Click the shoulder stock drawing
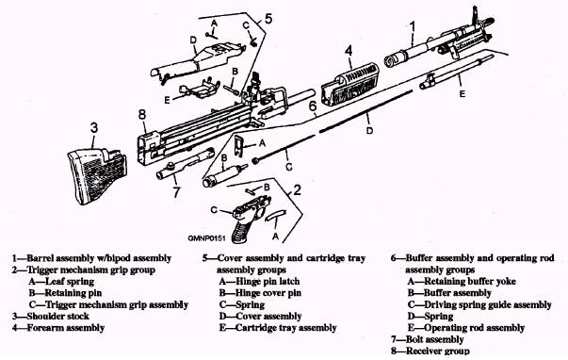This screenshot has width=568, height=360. pyautogui.click(x=97, y=177)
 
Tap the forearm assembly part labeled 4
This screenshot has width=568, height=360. pyautogui.click(x=349, y=85)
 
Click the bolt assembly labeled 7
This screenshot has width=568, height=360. pyautogui.click(x=185, y=164)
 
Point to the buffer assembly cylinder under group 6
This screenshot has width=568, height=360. pyautogui.click(x=223, y=175)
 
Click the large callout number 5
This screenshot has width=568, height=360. pyautogui.click(x=268, y=19)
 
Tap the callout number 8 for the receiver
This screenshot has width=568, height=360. pyautogui.click(x=142, y=115)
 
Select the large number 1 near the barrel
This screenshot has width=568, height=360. pyautogui.click(x=413, y=27)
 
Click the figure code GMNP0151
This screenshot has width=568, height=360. pyautogui.click(x=206, y=238)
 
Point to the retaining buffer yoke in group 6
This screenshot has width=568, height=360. pyautogui.click(x=238, y=144)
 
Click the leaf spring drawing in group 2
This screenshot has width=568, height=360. pyautogui.click(x=276, y=216)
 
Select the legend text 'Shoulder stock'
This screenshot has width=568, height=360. pyautogui.click(x=58, y=316)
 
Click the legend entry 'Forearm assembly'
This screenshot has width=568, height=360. pyautogui.click(x=66, y=328)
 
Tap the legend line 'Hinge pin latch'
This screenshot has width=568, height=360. pyautogui.click(x=268, y=282)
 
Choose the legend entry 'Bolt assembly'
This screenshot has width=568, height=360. pyautogui.click(x=434, y=339)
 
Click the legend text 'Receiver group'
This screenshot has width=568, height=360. pyautogui.click(x=438, y=351)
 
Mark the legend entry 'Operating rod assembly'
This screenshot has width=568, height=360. pyautogui.click(x=474, y=328)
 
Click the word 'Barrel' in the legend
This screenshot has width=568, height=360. pyautogui.click(x=41, y=258)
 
